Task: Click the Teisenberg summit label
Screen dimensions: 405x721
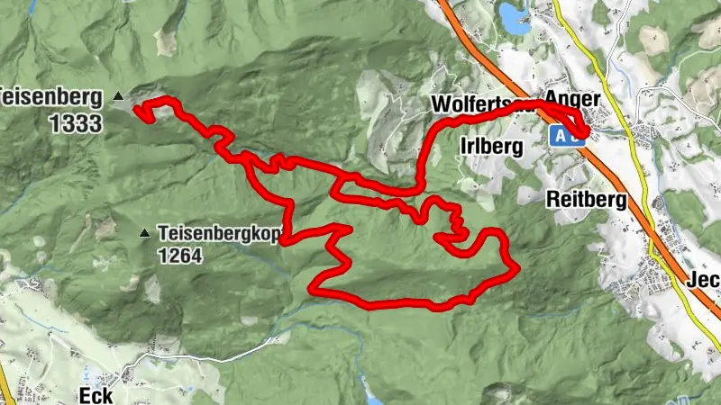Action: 50,94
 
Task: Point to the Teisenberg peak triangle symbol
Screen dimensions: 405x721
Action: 118,94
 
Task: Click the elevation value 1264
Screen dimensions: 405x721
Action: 180,255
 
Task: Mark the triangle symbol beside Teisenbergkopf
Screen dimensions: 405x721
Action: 144,234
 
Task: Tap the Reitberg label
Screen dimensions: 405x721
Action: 587,201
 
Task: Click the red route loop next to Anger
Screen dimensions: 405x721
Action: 577,126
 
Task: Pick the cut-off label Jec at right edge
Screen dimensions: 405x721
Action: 705,279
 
